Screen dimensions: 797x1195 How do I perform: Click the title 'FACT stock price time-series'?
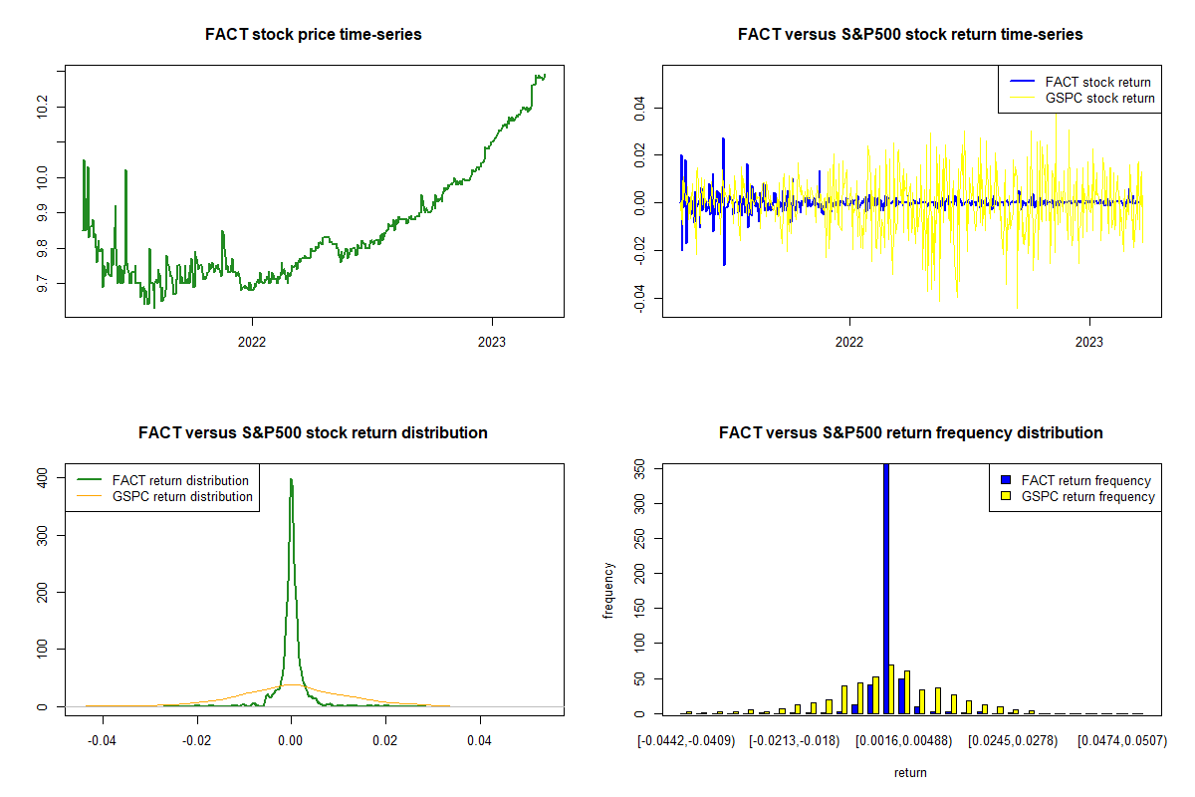[313, 35]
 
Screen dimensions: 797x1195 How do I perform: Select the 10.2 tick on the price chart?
[41, 107]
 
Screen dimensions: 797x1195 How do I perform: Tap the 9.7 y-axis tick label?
[41, 284]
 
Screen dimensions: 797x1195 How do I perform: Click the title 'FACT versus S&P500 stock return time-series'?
[910, 35]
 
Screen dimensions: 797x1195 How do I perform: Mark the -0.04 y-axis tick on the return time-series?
[638, 298]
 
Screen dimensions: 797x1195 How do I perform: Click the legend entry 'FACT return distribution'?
[180, 481]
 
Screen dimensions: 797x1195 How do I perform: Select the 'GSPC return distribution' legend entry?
[182, 497]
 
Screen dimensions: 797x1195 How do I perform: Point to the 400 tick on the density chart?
[41, 479]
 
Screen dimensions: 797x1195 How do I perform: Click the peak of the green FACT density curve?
[291, 479]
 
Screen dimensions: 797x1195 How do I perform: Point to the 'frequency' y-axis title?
[608, 590]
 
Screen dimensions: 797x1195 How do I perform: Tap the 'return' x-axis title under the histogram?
[910, 772]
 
